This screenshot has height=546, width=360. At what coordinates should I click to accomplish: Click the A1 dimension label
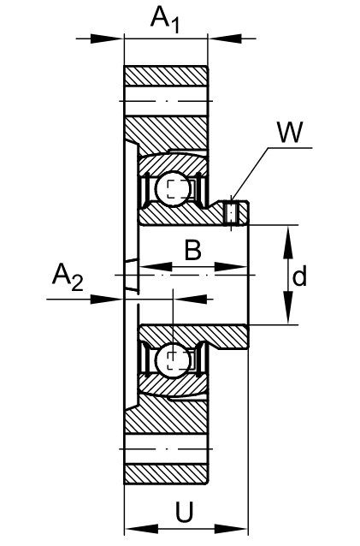click(x=165, y=20)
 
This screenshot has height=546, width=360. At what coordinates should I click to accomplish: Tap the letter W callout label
click(x=291, y=132)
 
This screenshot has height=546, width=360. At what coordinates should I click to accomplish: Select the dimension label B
click(x=193, y=249)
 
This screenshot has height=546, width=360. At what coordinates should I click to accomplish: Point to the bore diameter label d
click(x=299, y=275)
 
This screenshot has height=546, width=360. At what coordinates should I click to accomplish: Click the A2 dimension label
click(x=68, y=277)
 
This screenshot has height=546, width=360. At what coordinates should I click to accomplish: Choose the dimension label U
click(x=184, y=512)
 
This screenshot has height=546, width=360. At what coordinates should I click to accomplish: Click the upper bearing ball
click(x=173, y=189)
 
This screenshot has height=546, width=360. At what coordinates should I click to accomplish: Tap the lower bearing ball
click(x=173, y=361)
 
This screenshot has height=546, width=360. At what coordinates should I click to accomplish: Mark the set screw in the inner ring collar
click(x=231, y=212)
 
